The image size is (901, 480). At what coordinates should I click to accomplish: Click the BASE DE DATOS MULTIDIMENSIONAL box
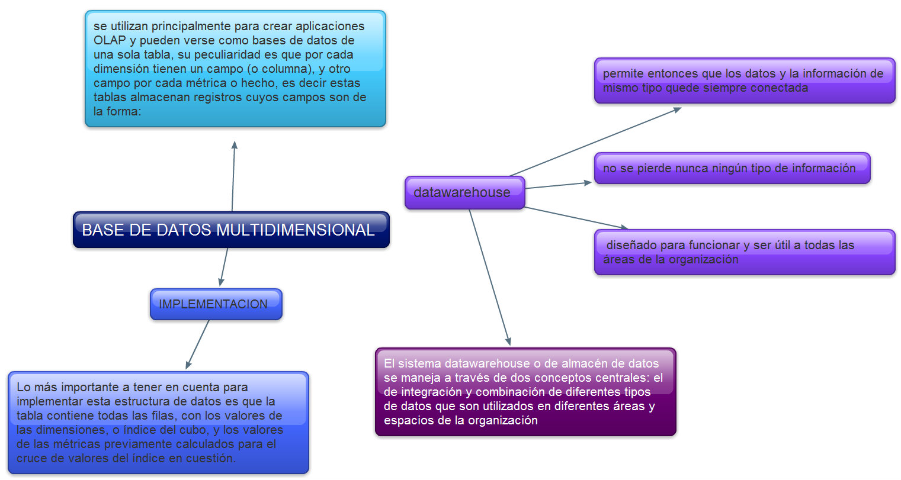click(x=231, y=230)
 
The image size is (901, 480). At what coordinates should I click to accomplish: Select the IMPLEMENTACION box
click(x=216, y=304)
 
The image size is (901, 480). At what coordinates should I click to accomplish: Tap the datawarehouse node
click(x=464, y=192)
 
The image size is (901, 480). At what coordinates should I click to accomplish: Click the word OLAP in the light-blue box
click(x=110, y=40)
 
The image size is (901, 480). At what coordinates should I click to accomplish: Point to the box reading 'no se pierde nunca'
click(x=732, y=168)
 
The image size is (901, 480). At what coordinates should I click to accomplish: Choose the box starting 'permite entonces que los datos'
click(x=744, y=80)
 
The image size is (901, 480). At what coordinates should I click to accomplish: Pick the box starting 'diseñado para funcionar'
click(x=744, y=252)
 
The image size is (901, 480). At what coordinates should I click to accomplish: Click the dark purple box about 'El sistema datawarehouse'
click(x=525, y=392)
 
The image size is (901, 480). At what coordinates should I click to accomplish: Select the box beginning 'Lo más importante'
click(x=158, y=423)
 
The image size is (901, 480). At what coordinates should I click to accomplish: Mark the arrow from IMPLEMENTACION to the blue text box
click(x=198, y=344)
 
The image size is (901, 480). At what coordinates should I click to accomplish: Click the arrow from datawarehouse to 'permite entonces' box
click(x=595, y=141)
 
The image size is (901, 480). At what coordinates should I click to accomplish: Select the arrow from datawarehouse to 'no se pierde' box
click(x=558, y=185)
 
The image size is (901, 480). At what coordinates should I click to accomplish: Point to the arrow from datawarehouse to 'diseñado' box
click(x=576, y=217)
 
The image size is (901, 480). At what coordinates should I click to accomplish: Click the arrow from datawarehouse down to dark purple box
click(x=489, y=277)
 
